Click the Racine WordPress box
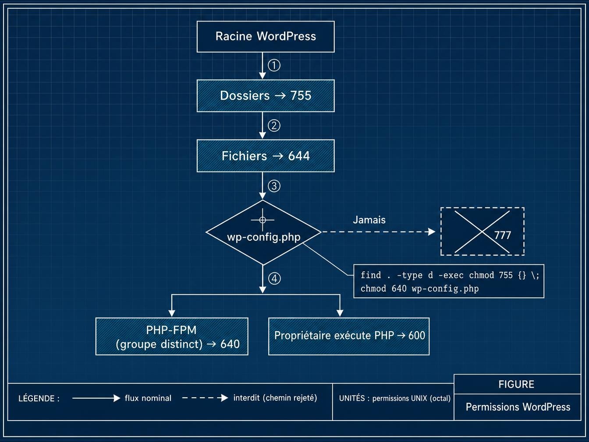point(266,36)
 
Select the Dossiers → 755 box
point(266,96)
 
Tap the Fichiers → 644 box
point(266,156)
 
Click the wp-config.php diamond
point(263,232)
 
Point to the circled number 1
point(274,65)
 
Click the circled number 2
point(274,125)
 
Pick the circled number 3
point(274,186)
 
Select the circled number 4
point(274,278)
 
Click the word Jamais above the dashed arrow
point(369,220)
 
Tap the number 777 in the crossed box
point(503,235)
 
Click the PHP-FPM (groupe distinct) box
point(172,336)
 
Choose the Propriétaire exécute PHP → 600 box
point(349,336)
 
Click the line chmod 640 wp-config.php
point(419,289)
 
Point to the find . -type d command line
point(450,275)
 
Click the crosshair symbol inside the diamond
point(263,220)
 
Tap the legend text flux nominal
point(148,398)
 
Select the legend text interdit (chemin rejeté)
point(275,398)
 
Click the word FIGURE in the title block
point(516,384)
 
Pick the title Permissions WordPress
point(518,407)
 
